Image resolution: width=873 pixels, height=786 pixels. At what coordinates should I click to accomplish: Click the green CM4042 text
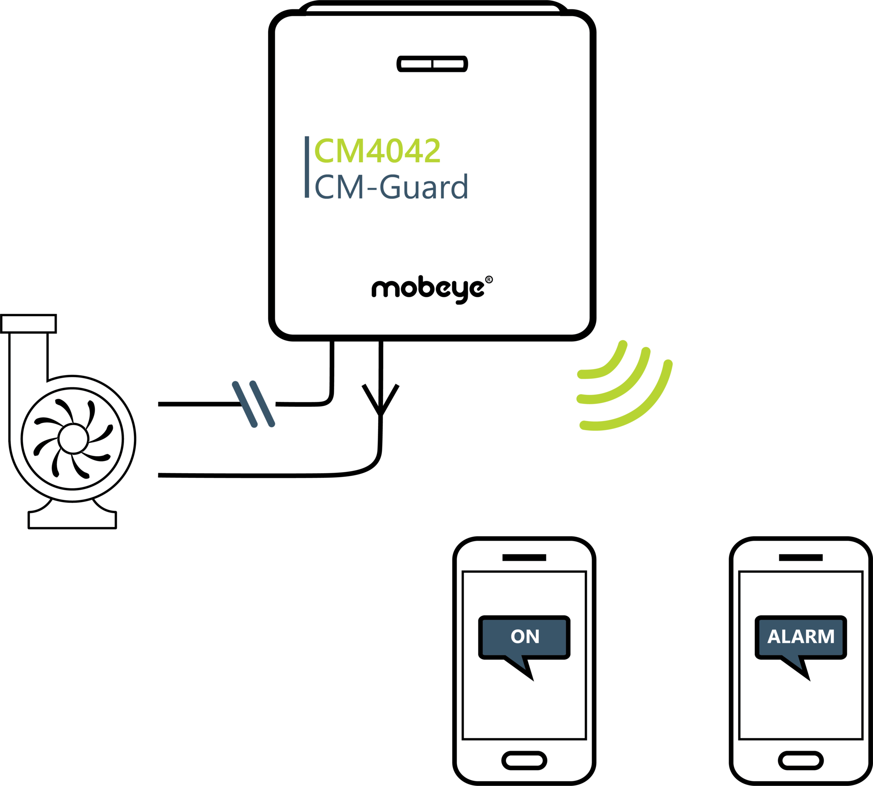377,151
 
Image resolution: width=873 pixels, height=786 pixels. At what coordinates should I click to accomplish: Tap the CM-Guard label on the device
391,187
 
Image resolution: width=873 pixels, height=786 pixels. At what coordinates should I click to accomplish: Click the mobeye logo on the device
428,289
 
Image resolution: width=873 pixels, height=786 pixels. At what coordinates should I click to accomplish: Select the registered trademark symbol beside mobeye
489,280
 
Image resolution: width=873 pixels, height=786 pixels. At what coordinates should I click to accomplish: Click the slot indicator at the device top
432,64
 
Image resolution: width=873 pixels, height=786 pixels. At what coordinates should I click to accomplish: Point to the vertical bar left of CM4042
306,167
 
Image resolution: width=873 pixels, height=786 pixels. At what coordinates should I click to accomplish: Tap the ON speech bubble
524,636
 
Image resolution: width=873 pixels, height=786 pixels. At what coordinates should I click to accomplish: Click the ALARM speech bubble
801,636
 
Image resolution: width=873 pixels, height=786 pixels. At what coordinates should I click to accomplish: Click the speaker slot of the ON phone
524,558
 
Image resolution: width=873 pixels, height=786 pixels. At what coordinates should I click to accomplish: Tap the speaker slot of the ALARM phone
801,558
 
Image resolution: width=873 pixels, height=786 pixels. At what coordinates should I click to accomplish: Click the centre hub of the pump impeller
72,439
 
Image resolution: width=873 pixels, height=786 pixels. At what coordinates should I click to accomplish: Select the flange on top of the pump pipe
29,324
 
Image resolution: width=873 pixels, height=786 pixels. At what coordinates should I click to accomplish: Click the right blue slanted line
262,404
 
